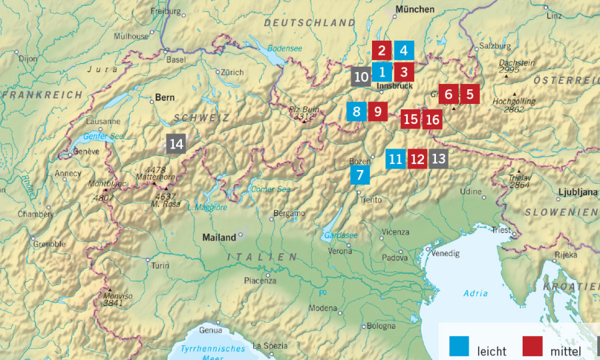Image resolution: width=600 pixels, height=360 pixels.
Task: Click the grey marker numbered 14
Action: coord(176,144)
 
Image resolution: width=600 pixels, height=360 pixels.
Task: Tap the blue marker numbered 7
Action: coord(360,176)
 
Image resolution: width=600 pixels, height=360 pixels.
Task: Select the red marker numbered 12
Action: coord(417,159)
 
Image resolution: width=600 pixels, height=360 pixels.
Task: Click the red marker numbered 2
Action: coord(382,51)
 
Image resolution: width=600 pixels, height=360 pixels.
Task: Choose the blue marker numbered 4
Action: coord(403,51)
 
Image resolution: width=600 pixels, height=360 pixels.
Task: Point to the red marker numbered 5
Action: coord(469,94)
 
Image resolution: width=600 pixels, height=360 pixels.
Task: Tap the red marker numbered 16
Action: coord(432,120)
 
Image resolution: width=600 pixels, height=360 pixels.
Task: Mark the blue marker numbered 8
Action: coord(357,112)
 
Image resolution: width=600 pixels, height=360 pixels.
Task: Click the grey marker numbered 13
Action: coord(438,159)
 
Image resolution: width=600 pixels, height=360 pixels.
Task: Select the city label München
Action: coord(415,9)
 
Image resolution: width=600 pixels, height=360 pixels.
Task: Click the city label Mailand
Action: coord(219,237)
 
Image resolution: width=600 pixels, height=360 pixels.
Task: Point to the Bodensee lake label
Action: coord(285,49)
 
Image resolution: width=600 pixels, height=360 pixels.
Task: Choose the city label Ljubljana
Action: coord(577,193)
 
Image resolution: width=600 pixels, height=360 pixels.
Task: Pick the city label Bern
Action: coord(165,97)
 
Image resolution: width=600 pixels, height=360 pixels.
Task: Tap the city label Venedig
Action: coord(445,253)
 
